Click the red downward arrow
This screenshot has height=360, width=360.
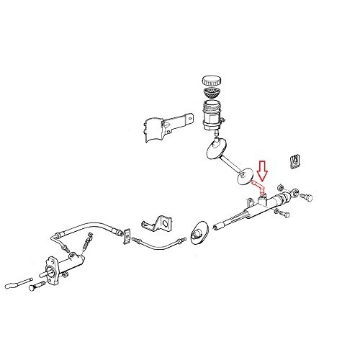(263, 172)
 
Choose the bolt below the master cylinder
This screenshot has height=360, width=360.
(286, 212)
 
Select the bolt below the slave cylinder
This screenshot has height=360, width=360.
(33, 289)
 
